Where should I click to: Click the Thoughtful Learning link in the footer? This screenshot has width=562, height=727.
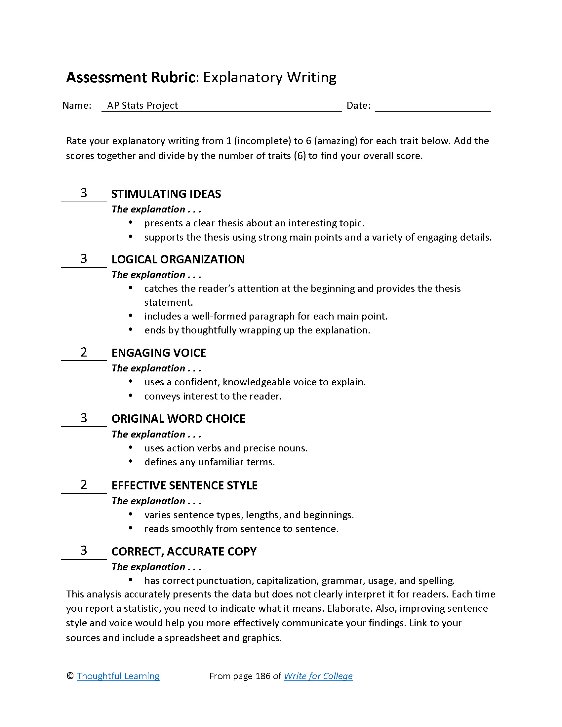(118, 676)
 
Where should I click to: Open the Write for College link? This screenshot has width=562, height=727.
(318, 676)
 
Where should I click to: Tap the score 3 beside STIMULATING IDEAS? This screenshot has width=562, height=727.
(84, 193)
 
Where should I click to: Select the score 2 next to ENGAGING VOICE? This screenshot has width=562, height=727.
(84, 352)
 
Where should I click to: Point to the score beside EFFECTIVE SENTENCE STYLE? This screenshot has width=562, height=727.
(84, 485)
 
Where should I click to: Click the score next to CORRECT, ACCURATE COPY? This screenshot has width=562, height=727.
(84, 551)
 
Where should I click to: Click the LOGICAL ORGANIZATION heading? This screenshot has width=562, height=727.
(178, 259)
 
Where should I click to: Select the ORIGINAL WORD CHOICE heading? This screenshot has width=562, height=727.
(178, 419)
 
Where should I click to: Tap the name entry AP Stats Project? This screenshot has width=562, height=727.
(142, 105)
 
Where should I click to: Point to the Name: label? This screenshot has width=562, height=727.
(77, 105)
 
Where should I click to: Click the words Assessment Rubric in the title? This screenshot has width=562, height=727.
(131, 78)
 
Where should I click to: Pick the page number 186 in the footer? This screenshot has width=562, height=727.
(263, 676)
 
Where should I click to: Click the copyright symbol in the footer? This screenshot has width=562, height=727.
(70, 676)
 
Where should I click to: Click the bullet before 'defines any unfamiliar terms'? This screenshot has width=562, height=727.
(131, 461)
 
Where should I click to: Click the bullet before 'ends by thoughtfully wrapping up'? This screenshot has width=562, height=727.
(131, 329)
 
